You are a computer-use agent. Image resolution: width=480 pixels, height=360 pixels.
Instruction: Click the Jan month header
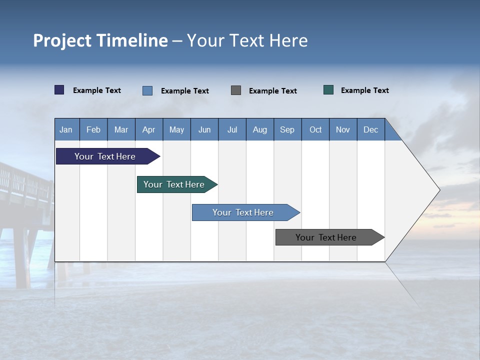coord(66,129)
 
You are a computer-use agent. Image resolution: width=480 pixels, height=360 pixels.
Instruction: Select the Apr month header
coord(148,129)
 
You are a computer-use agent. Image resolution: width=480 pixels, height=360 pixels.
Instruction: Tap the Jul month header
coord(232,129)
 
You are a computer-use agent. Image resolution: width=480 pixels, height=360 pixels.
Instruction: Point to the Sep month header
coord(287,129)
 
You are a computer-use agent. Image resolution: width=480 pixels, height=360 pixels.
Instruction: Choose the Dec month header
coord(370,129)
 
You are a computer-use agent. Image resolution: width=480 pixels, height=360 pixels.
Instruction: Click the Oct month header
coord(315,129)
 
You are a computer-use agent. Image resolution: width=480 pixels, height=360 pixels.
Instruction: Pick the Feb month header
coord(93,129)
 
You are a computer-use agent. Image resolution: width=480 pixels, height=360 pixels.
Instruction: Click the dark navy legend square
coord(59,90)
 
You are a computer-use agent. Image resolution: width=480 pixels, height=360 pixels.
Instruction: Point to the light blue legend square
coord(147,90)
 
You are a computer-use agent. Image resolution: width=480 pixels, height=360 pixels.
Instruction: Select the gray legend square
coord(236,90)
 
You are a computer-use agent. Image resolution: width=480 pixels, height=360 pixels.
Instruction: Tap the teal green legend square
coord(328,90)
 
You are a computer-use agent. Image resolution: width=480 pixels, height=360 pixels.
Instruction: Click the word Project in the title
coord(61,40)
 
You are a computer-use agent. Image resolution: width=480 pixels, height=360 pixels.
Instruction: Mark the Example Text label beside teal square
coord(364,90)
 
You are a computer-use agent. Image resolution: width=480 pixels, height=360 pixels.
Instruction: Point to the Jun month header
coord(204,129)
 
